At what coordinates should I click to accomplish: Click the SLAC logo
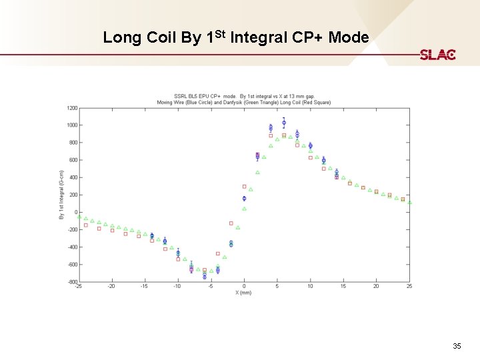point(437,55)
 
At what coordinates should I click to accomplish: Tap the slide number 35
point(456,346)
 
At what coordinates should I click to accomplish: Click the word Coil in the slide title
point(161,37)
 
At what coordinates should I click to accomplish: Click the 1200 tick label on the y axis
point(72,107)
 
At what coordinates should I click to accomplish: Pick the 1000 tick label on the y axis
point(72,125)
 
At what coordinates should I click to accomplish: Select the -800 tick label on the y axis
point(72,282)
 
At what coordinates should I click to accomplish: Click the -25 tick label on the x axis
point(79,287)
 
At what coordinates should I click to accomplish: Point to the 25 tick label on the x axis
point(409,287)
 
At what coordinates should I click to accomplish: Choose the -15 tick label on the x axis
point(145,287)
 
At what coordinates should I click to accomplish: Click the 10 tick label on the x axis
point(310,287)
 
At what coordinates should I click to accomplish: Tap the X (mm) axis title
point(244,293)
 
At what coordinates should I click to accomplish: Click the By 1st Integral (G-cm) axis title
point(61,195)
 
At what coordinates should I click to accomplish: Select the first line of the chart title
point(243,97)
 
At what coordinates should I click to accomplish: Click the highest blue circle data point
point(284,123)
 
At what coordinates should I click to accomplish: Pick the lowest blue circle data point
point(205,276)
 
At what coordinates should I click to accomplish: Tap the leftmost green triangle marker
point(79,217)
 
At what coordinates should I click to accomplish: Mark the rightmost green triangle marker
point(409,202)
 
